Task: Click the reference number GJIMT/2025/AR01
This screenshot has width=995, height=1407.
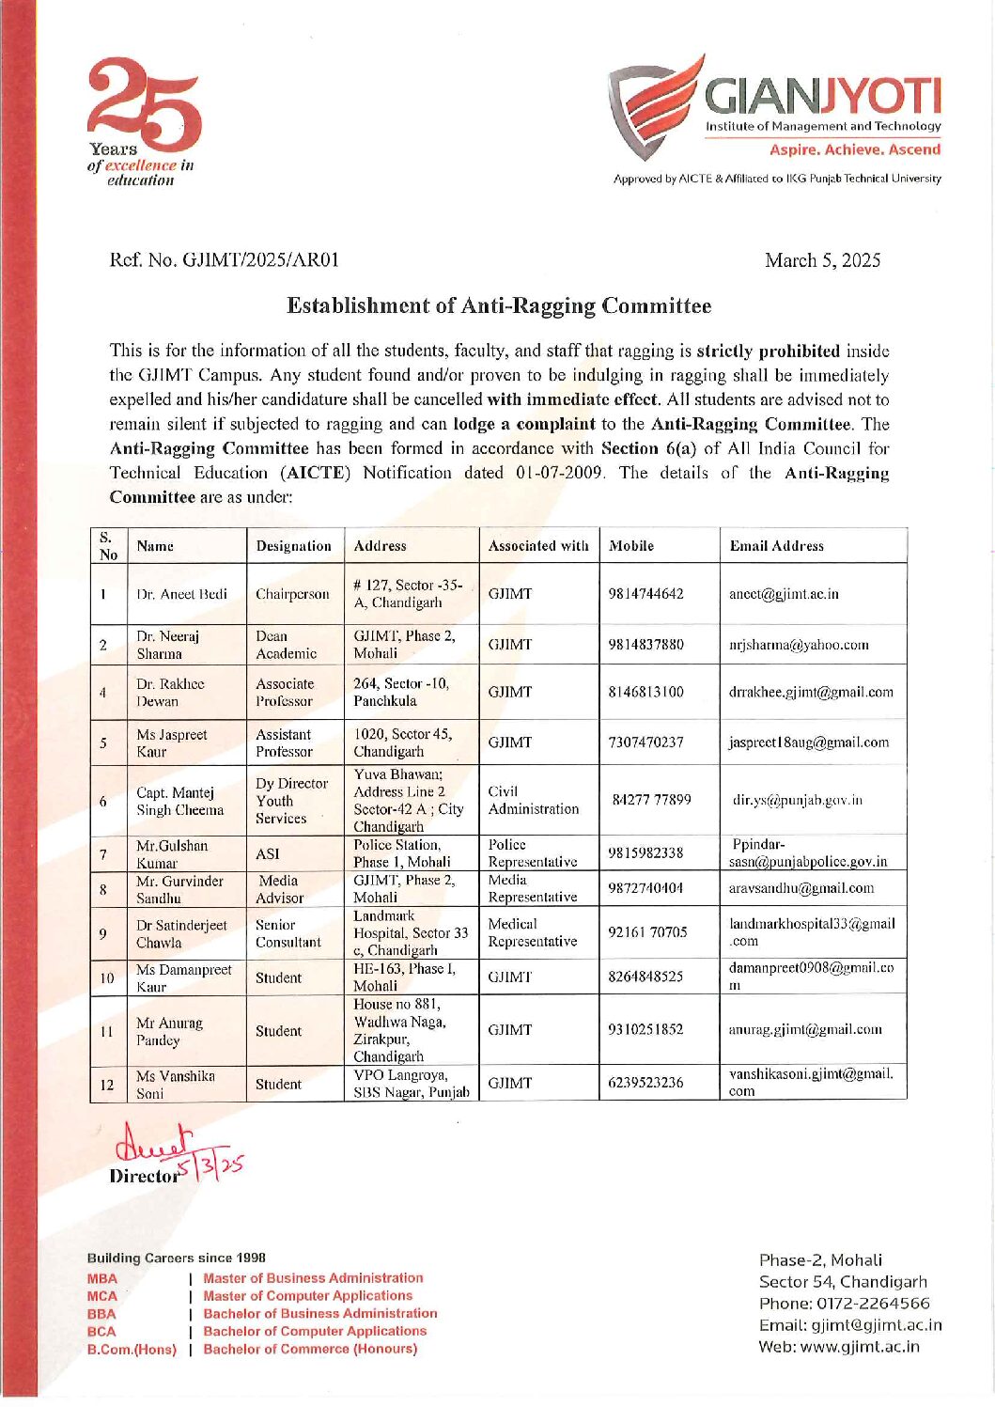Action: tap(225, 260)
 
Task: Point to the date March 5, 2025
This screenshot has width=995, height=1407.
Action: tap(822, 260)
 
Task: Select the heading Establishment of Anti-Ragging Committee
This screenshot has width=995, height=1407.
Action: tap(498, 306)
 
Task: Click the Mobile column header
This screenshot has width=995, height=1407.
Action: tap(631, 546)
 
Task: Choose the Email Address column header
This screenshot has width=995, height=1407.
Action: tap(776, 546)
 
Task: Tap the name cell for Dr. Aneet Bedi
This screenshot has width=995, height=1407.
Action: tap(182, 594)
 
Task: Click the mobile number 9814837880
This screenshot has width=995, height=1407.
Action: tap(645, 645)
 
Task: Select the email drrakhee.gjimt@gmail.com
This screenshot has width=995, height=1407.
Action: tap(811, 693)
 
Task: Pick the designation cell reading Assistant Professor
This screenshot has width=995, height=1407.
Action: tap(285, 743)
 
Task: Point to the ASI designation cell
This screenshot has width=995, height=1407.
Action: tap(268, 853)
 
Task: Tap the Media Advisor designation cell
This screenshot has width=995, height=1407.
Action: tap(279, 889)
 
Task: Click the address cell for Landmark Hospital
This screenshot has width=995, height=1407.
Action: tap(410, 932)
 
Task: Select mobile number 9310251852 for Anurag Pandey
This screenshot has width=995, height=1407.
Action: tap(645, 1029)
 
